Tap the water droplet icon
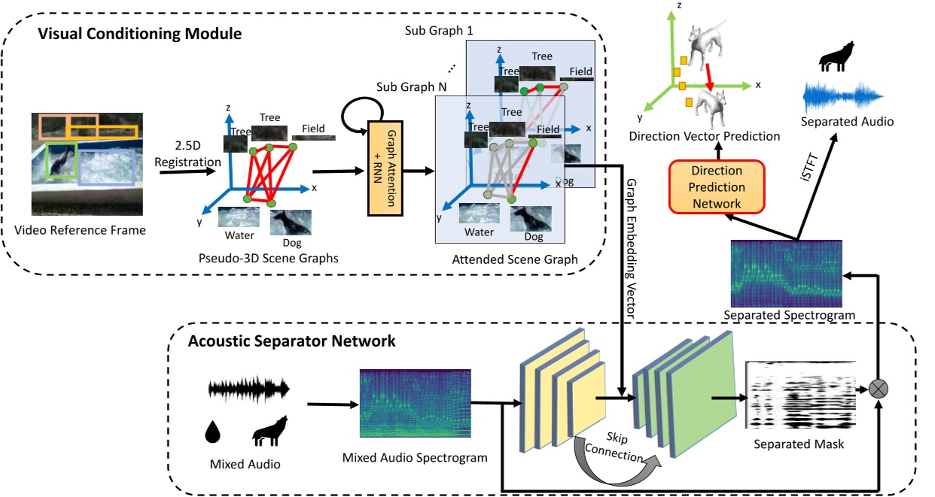pos(212,431)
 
